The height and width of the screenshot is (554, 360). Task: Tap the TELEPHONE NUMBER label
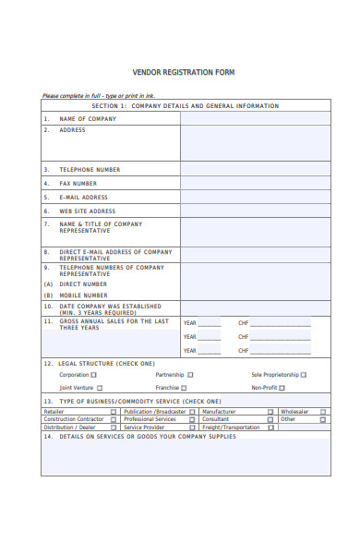[90, 170]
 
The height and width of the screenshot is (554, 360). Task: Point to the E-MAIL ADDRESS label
[84, 198]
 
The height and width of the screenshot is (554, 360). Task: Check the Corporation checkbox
[120, 375]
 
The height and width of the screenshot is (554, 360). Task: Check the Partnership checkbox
[216, 375]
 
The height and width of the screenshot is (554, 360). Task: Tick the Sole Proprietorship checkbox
[329, 375]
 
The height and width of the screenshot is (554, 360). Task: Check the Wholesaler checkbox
[349, 412]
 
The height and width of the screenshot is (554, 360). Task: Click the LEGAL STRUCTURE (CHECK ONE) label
[106, 364]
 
